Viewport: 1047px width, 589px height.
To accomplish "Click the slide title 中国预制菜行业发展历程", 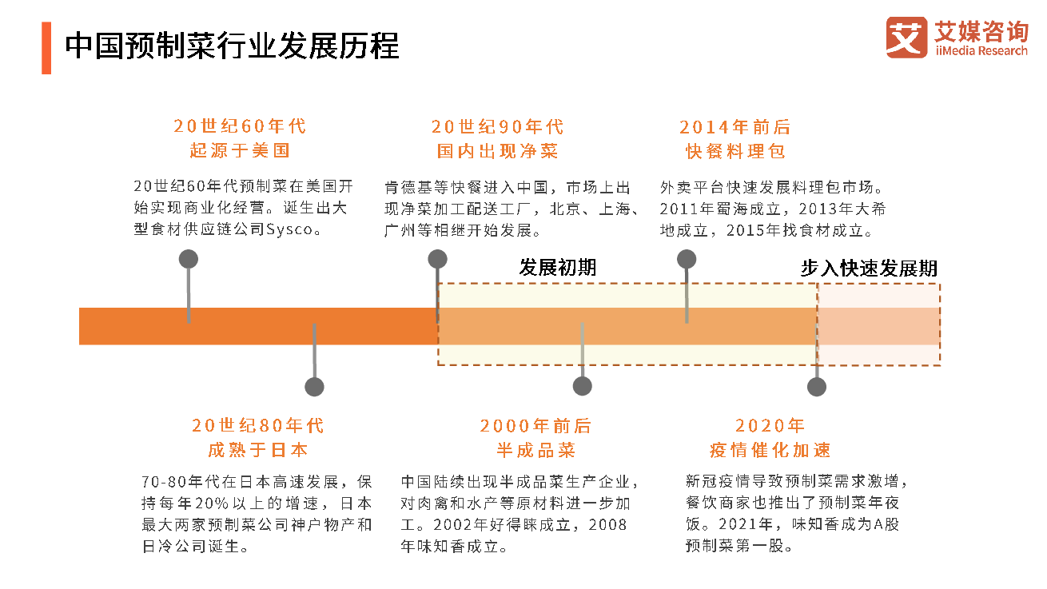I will click(x=232, y=46).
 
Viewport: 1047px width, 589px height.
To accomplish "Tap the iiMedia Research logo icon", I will click(x=906, y=38).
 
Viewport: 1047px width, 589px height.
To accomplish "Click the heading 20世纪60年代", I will click(x=240, y=126).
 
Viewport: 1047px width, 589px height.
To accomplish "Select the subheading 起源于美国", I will click(x=240, y=150).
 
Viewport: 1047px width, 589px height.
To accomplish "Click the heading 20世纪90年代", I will click(x=497, y=126).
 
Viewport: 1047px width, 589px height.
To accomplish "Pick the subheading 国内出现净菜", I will click(x=497, y=150).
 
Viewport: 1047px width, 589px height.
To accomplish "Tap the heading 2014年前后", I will click(x=734, y=127).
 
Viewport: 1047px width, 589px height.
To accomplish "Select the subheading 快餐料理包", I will click(x=734, y=151).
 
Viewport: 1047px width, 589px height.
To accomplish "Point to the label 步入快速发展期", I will click(x=869, y=269).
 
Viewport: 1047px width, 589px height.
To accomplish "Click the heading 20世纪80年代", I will click(x=258, y=425).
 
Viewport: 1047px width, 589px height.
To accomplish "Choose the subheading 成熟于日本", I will click(x=258, y=450).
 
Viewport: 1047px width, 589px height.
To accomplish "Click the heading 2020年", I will click(x=770, y=426).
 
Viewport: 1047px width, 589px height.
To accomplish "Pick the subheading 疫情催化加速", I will click(x=770, y=450).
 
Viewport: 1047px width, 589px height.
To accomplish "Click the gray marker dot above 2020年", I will click(x=816, y=387).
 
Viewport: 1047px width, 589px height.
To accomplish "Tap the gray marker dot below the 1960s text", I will click(x=189, y=258).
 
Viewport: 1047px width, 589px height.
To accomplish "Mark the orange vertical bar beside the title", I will click(x=46, y=48).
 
